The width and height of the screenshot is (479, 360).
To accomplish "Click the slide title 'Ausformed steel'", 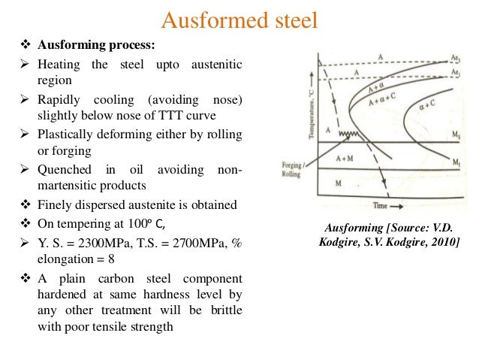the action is coord(239,20).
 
